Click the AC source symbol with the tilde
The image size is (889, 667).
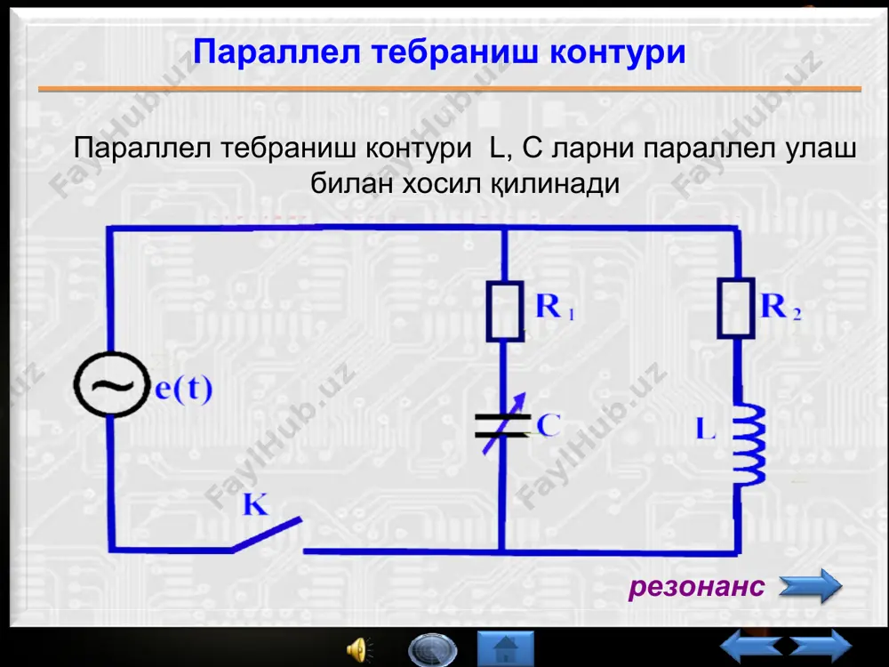[111, 385]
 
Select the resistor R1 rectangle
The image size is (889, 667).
[505, 310]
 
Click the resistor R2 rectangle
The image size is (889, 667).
[736, 308]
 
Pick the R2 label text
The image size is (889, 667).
[781, 306]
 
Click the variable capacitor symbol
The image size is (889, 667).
[502, 425]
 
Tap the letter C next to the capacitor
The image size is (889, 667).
[549, 425]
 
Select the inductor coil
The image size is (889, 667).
[748, 445]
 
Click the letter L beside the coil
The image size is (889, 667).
[706, 429]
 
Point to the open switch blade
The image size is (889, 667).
[267, 534]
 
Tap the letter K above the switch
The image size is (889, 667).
[255, 503]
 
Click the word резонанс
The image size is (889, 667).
[697, 586]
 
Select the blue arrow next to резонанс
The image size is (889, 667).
[810, 586]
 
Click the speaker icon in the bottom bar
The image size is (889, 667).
[359, 650]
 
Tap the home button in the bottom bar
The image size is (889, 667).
[506, 649]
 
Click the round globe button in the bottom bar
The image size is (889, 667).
[432, 650]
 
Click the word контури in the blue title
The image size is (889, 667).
[618, 52]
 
